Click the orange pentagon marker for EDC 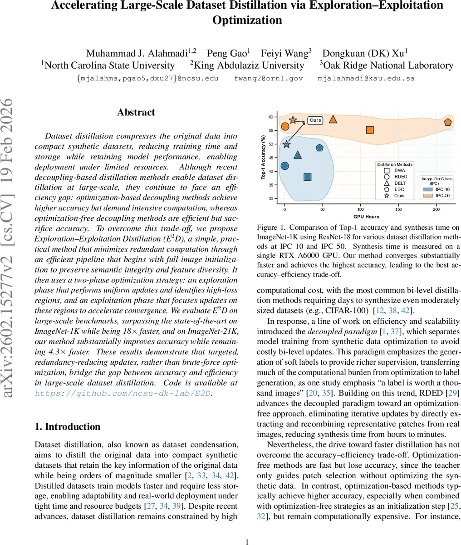click(x=448, y=122)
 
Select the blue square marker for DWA click(x=307, y=177)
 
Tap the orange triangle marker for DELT click(x=333, y=119)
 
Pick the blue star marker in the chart click(x=287, y=144)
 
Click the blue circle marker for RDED click(x=284, y=166)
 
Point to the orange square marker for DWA click(x=370, y=130)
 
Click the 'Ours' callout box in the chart click(x=315, y=120)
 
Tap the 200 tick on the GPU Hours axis click(x=436, y=209)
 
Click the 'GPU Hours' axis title click(x=366, y=216)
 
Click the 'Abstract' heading click(x=136, y=113)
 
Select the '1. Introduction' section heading click(x=68, y=426)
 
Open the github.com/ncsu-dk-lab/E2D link click(x=123, y=393)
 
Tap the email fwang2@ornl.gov click(x=268, y=79)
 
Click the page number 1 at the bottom click(x=247, y=542)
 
